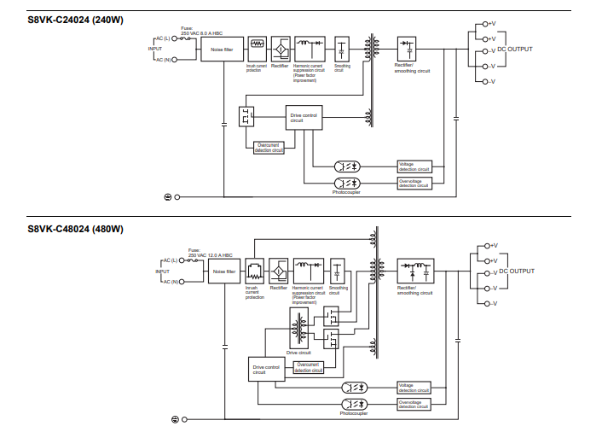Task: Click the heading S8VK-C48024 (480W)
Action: (x=75, y=229)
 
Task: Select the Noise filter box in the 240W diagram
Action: (x=223, y=49)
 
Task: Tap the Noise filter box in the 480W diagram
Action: (x=225, y=271)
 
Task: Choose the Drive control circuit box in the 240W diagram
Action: (x=304, y=119)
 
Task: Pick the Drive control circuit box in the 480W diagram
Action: (x=266, y=370)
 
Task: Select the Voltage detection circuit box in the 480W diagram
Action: (x=414, y=388)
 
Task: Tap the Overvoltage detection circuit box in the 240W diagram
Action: (x=414, y=183)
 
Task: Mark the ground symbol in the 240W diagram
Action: (x=167, y=197)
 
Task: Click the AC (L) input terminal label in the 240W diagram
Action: (x=165, y=38)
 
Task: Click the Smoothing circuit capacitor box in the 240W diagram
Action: (x=343, y=49)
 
